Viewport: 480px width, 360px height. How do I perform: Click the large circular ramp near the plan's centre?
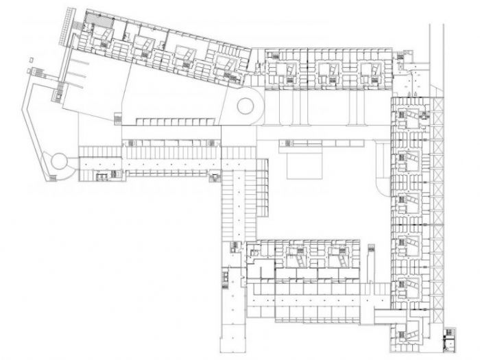pos(245,107)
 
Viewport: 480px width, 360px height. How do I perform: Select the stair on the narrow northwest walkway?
pos(60,89)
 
